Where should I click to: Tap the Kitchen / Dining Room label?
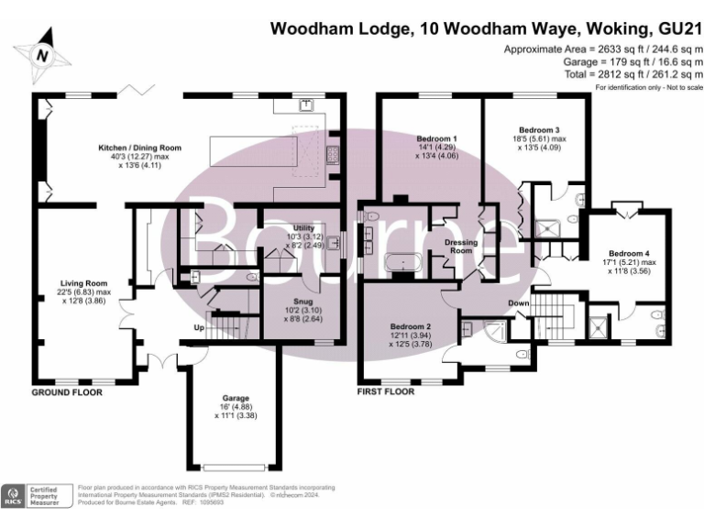140,148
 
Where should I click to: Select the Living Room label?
83,283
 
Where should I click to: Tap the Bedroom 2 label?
410,326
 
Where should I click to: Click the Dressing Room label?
461,247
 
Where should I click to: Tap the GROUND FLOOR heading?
67,391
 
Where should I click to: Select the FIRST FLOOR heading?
385,391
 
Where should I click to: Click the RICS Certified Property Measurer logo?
37,495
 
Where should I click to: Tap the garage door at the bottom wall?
235,465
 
